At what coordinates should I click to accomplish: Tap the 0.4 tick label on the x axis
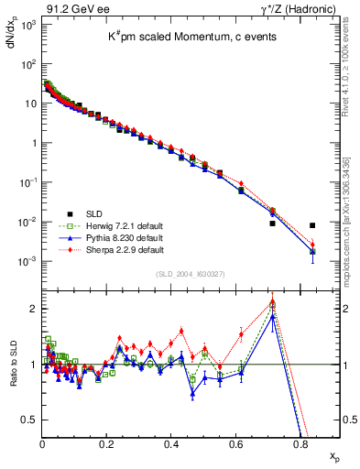[171, 445]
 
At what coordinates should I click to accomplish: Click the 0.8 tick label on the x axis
[300, 445]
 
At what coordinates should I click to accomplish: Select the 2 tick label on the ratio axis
[34, 309]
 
